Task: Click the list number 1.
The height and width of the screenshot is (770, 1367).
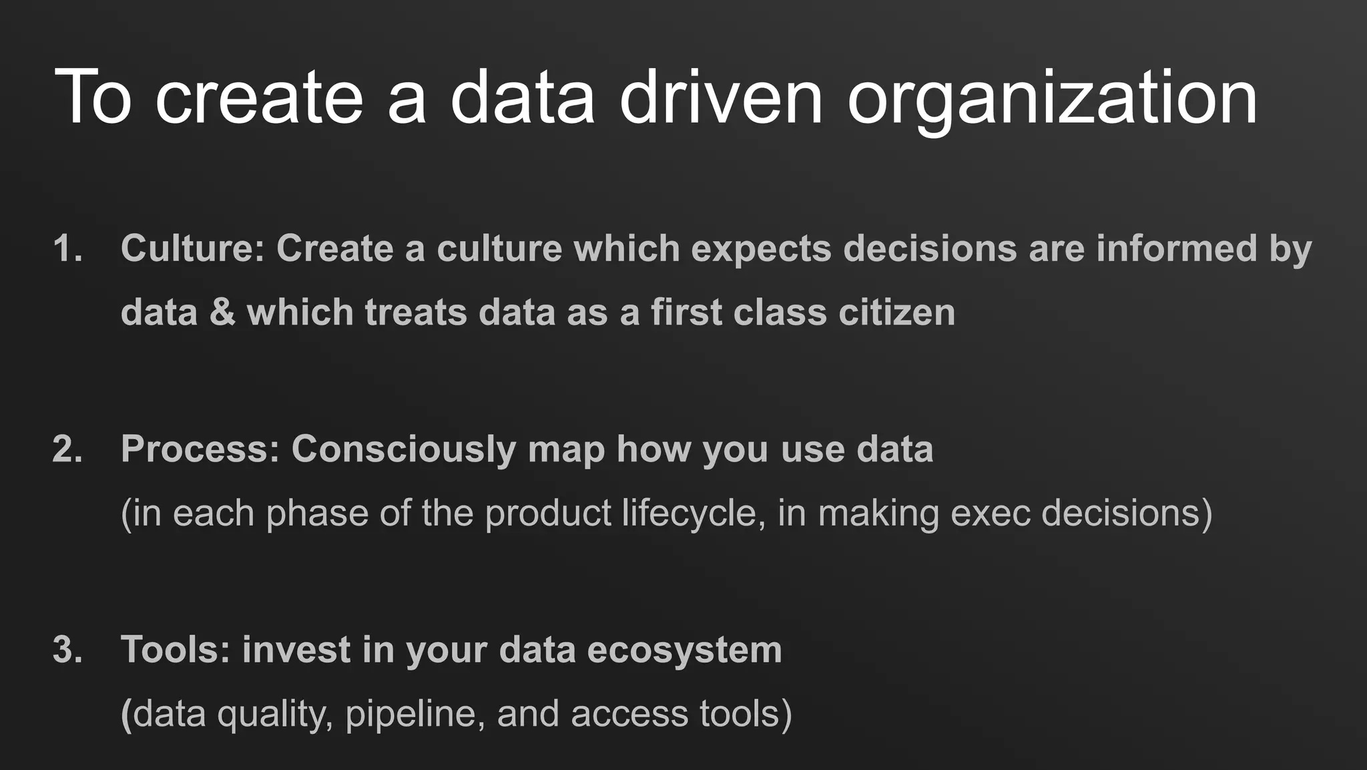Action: coord(67,248)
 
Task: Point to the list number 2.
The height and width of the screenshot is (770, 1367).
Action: coord(67,449)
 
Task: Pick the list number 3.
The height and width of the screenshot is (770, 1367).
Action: coord(67,649)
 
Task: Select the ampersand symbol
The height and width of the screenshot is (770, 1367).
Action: coord(222,313)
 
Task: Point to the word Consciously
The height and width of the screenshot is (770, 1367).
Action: coord(403,449)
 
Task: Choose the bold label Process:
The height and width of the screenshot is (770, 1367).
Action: coord(200,449)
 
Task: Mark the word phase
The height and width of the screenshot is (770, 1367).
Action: coord(317,514)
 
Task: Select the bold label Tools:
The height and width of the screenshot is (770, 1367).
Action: coord(176,649)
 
